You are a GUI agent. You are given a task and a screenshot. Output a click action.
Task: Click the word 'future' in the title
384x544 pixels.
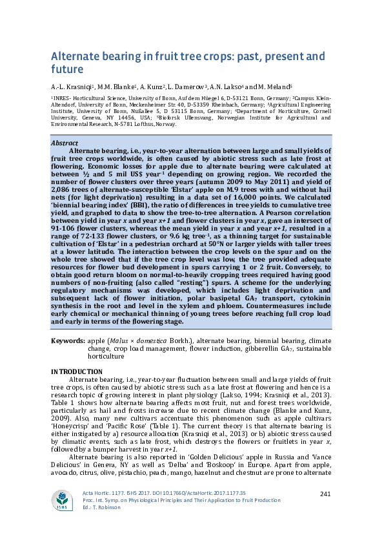click(x=68, y=69)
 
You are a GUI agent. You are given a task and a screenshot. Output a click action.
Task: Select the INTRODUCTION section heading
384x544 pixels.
click(x=77, y=371)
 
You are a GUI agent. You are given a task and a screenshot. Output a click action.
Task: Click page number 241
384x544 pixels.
click(x=325, y=494)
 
